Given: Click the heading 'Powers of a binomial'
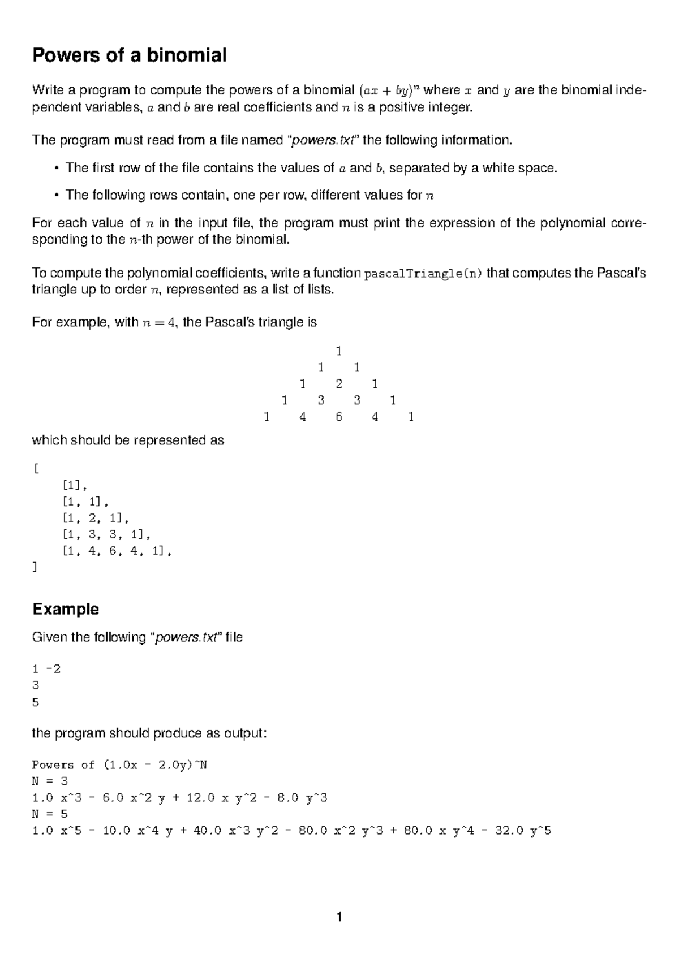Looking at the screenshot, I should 130,55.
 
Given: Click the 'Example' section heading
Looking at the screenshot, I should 66,609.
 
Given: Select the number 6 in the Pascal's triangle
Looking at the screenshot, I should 338,417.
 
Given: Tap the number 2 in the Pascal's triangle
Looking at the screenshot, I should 338,385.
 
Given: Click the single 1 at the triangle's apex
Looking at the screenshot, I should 338,351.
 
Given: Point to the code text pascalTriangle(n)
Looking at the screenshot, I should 424,274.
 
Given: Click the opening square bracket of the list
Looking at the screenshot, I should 36,468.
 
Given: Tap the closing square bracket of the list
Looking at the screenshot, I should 36,567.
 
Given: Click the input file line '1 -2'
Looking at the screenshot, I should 46,669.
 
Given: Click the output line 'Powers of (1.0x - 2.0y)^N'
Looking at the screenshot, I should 120,765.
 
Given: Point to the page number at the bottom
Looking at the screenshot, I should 339,917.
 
